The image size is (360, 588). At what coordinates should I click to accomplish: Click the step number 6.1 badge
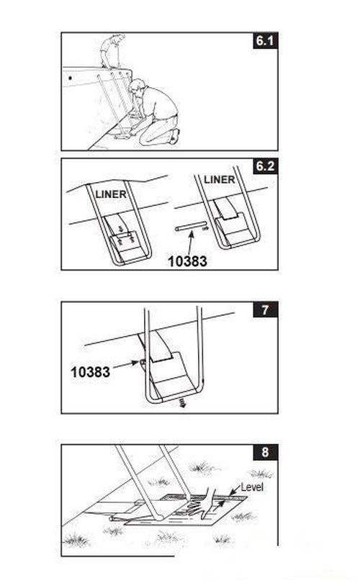coord(265,40)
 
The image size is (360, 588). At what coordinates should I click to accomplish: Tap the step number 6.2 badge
coord(265,166)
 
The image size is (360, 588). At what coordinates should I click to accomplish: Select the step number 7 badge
coord(265,309)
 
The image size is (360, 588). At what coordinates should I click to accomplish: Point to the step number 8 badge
coord(265,452)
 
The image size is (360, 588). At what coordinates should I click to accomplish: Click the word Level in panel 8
coord(252,487)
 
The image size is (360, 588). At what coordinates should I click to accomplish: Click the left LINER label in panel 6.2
coord(111,194)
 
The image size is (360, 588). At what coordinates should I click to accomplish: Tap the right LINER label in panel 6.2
coord(220,180)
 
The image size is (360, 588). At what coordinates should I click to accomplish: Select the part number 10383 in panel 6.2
coord(187,261)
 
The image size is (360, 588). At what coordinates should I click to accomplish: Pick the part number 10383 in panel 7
coord(91,372)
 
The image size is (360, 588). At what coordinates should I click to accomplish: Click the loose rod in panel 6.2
coord(191,227)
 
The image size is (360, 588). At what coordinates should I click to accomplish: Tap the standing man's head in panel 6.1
coord(119,37)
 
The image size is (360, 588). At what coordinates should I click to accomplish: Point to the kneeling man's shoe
coord(175,136)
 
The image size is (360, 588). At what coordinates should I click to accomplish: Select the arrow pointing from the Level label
coord(235,489)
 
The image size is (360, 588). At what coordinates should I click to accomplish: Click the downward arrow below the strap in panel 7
coord(182,403)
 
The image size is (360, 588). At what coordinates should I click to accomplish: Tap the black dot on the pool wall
coord(70,78)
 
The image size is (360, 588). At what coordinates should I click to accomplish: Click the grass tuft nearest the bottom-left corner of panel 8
coord(77,540)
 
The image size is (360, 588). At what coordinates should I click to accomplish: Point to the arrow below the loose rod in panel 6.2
coord(191,245)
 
